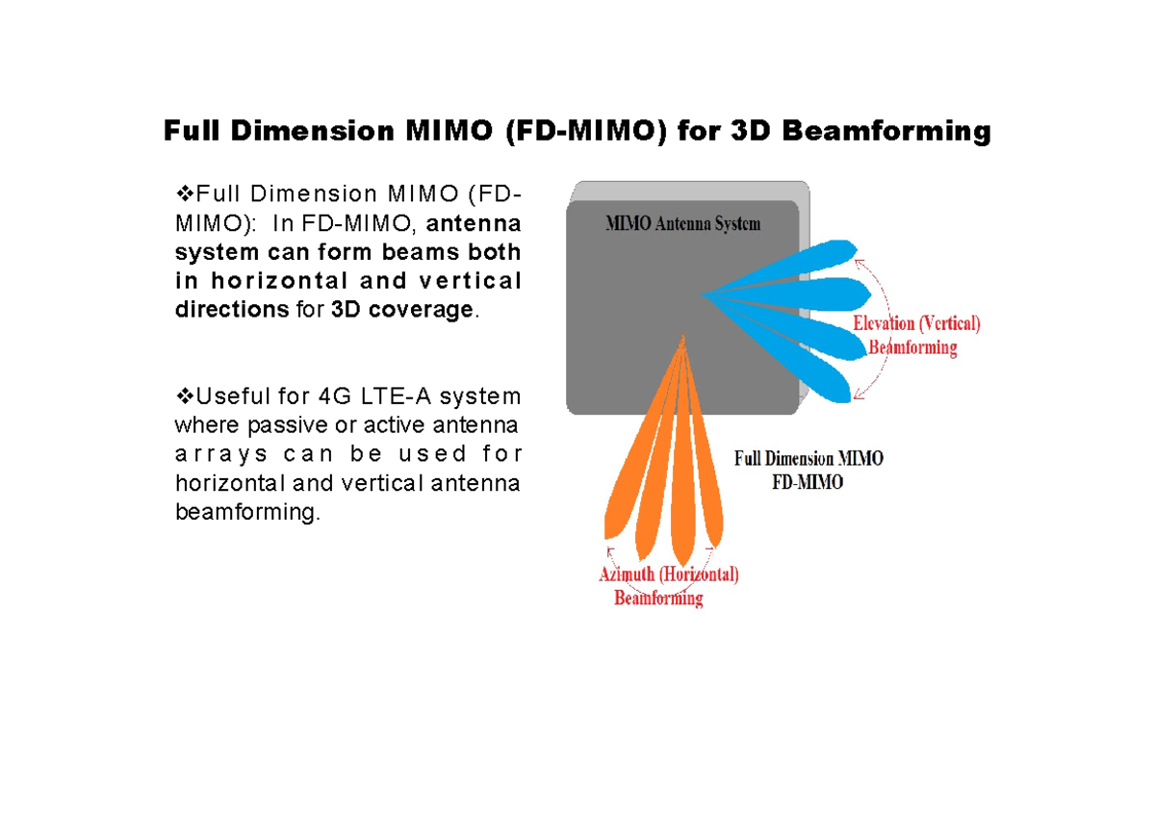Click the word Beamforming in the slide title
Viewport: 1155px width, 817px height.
click(885, 132)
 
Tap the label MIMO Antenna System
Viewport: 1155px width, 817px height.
click(682, 223)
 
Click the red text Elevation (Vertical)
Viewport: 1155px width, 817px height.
click(916, 323)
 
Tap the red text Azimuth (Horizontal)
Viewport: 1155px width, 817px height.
click(669, 574)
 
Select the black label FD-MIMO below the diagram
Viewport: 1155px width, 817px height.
click(808, 482)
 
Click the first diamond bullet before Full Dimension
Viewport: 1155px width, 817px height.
click(185, 193)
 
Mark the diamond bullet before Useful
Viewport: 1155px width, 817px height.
click(185, 396)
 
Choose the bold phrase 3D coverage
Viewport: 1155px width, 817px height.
click(402, 310)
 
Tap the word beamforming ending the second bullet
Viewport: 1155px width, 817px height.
click(247, 512)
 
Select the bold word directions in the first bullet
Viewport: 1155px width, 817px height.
click(232, 309)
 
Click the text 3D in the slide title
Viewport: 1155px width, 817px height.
click(750, 131)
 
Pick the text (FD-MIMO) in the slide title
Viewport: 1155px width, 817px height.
click(587, 132)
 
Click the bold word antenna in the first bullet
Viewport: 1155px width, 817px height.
click(474, 223)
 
